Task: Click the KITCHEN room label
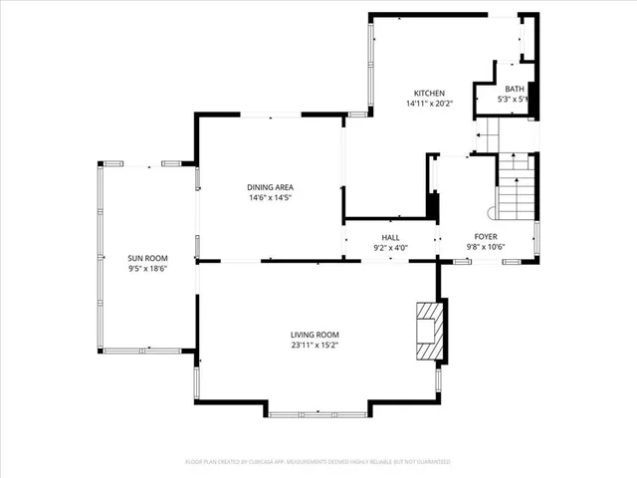[430, 93]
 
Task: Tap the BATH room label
[514, 90]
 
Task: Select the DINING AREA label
[270, 187]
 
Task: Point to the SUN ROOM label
[146, 257]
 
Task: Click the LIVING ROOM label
[315, 335]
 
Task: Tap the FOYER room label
[486, 237]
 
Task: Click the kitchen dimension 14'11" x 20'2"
[430, 104]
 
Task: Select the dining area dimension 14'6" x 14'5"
[270, 198]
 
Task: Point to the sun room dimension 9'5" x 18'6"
[146, 268]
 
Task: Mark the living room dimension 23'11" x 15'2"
[315, 346]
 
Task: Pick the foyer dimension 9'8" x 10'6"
[486, 247]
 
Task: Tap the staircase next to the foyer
[517, 189]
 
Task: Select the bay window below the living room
[318, 411]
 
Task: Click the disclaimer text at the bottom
[318, 462]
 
